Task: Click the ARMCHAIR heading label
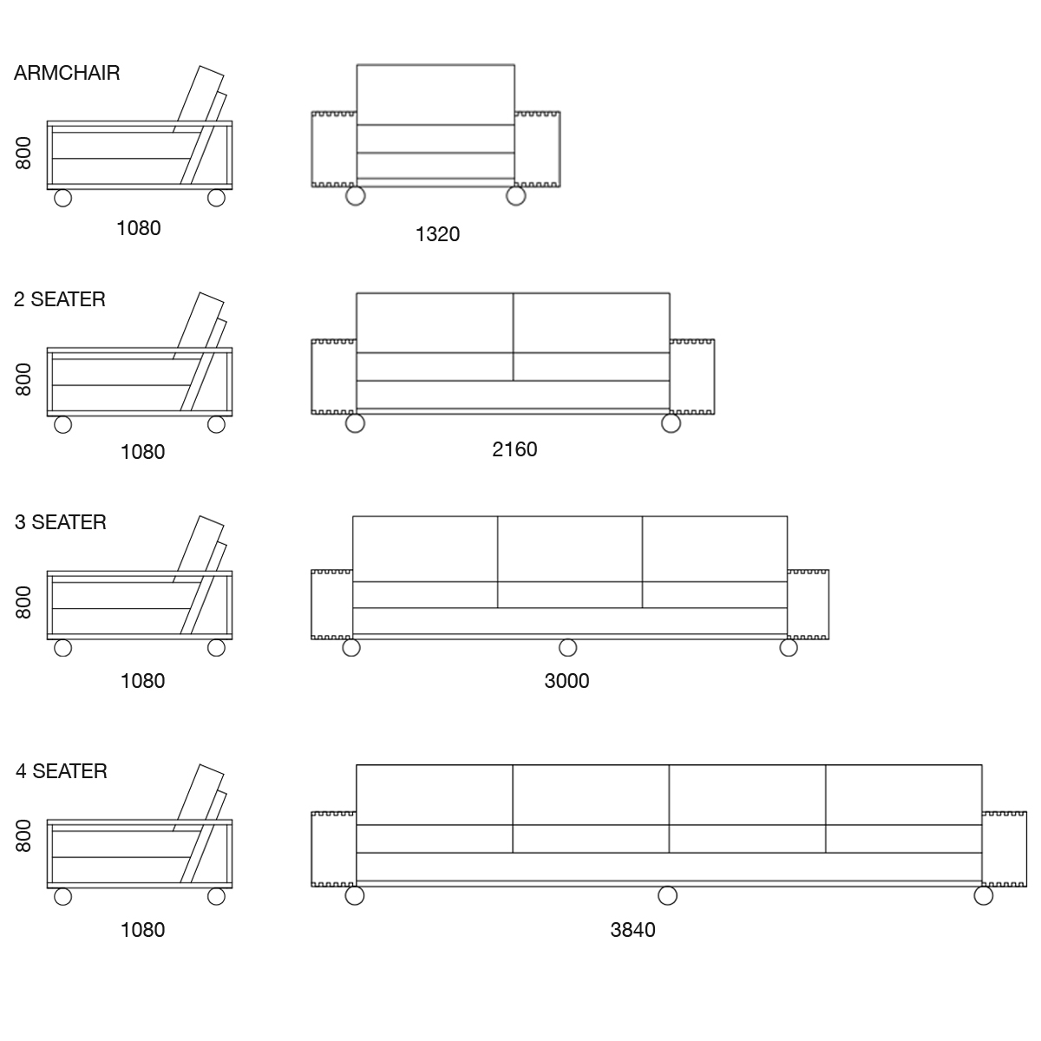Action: pos(67,73)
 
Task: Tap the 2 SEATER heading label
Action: pos(60,299)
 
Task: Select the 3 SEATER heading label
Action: pos(61,522)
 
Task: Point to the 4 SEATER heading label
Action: pos(62,771)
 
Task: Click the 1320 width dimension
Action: pos(437,234)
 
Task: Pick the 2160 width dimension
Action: pos(514,449)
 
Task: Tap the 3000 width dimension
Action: pos(566,681)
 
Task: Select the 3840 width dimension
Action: pos(633,930)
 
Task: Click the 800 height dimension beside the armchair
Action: pos(23,154)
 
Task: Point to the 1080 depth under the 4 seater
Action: pos(142,930)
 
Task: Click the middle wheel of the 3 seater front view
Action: pos(567,648)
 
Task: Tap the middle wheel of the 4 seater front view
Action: pos(668,895)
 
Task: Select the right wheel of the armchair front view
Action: pos(516,196)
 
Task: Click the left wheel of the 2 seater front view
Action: pos(355,423)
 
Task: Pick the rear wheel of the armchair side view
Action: pos(216,199)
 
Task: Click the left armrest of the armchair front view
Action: pos(334,149)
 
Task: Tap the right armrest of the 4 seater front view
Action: pos(1005,849)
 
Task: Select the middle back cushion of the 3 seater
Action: pos(570,549)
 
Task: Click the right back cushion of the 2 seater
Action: pos(592,323)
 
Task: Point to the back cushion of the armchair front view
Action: pos(435,95)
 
